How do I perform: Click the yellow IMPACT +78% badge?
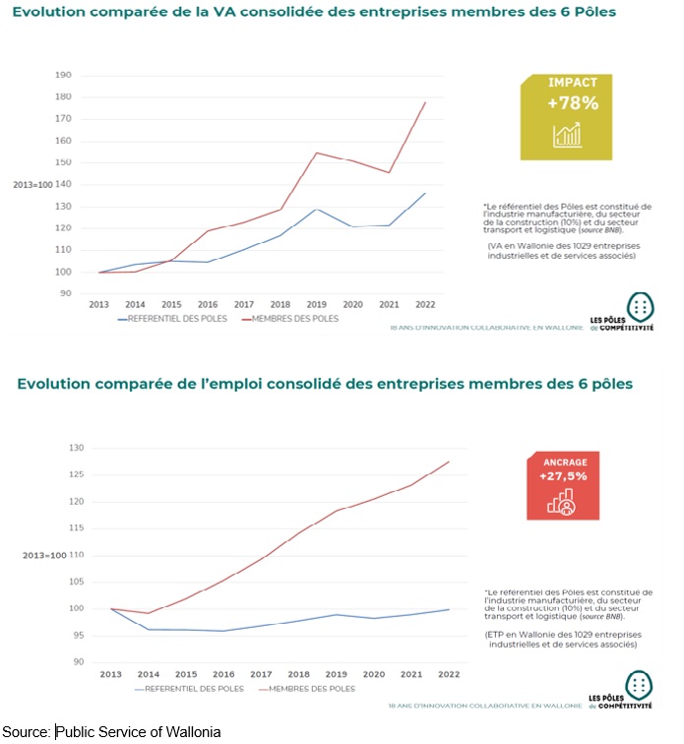573,118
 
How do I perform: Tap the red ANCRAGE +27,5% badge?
566,486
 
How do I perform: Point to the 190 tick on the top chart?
65,75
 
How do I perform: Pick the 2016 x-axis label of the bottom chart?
224,674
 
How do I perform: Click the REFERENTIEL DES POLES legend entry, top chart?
171,319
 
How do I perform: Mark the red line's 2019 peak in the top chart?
317,153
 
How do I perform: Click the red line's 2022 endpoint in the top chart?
425,102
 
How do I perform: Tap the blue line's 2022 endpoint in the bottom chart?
449,609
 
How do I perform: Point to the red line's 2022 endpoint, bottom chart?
449,462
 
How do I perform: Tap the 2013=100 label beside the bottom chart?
44,555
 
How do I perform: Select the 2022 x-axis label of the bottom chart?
449,674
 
